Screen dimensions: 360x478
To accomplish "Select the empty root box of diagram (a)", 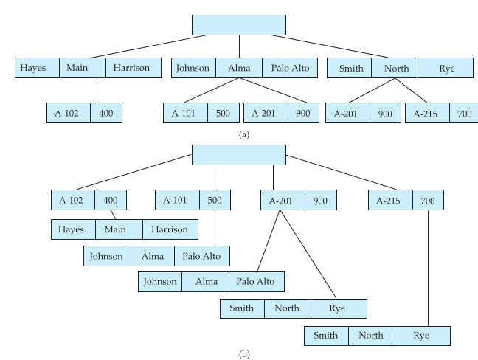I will (x=238, y=24).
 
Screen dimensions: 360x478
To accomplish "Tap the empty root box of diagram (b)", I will (x=238, y=155).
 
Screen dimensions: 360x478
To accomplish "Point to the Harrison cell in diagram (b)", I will (x=170, y=229).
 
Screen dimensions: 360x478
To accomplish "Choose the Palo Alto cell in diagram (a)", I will (x=290, y=69).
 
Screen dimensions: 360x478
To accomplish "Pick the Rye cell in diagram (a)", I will (x=446, y=69).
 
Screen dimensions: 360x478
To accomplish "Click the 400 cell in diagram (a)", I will (x=106, y=113).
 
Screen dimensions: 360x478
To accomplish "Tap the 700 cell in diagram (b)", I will (x=428, y=200).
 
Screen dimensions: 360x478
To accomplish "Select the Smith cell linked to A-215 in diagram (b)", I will (x=326, y=336).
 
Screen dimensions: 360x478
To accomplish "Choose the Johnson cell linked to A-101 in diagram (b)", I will (x=105, y=256).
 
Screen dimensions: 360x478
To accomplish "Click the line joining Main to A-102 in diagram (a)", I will (x=97, y=90).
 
